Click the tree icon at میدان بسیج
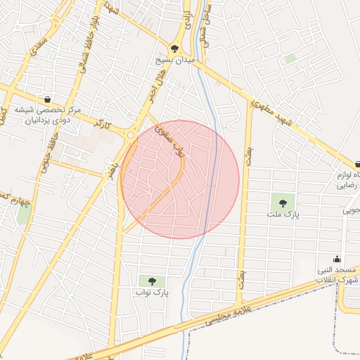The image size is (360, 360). coord(175,49)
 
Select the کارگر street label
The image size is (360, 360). coord(103,124)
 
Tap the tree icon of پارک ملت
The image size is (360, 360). coord(283,202)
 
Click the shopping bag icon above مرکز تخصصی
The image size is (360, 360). coord(47,99)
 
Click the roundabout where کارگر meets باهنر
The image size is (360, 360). coord(130,135)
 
